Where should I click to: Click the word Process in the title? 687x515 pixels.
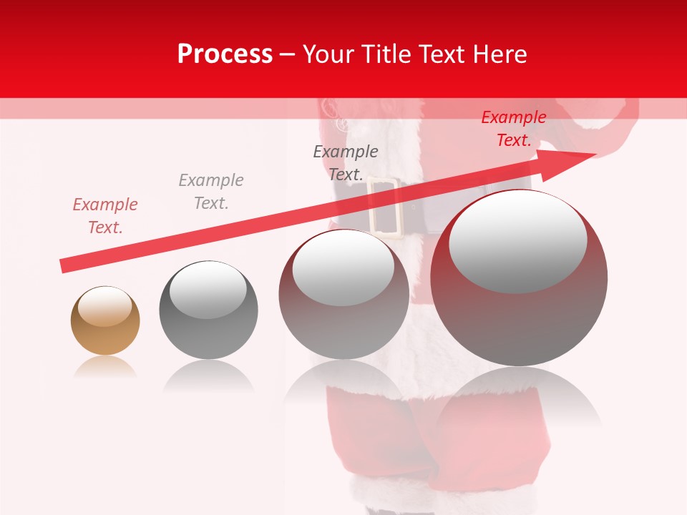pyautogui.click(x=225, y=54)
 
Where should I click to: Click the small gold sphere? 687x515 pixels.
pyautogui.click(x=105, y=321)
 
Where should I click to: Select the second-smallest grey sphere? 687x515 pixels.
pyautogui.click(x=208, y=310)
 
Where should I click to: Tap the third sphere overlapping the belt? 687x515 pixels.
pyautogui.click(x=343, y=294)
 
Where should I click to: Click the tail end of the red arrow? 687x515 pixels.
pyautogui.click(x=63, y=265)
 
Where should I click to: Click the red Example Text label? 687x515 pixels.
pyautogui.click(x=513, y=129)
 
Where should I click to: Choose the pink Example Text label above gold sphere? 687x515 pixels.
pyautogui.click(x=104, y=216)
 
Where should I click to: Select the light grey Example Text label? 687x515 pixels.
pyautogui.click(x=211, y=192)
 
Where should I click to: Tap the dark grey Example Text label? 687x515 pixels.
pyautogui.click(x=346, y=162)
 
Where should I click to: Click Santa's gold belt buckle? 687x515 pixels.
pyautogui.click(x=384, y=207)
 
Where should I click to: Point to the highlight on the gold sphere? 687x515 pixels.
pyautogui.click(x=105, y=306)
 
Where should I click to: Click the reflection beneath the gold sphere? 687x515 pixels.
pyautogui.click(x=105, y=367)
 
